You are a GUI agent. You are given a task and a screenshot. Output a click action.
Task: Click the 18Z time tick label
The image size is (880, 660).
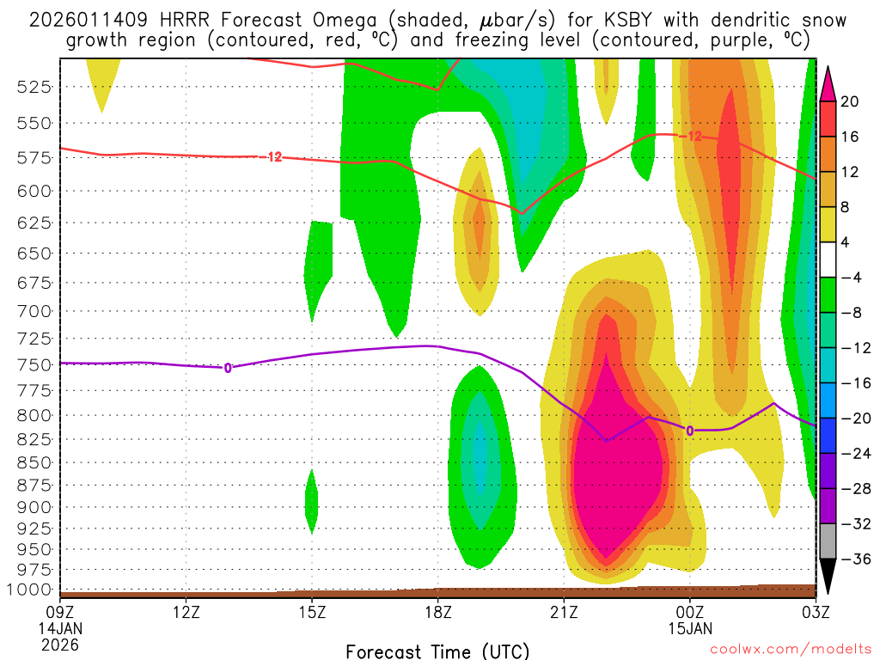437,613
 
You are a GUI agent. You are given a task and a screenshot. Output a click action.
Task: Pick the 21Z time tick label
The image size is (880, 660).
563,613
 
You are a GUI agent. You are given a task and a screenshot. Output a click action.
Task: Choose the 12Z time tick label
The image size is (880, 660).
186,613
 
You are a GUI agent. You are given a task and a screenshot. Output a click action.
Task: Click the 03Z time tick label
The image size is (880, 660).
815,613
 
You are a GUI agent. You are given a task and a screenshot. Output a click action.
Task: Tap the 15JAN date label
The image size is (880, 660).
689,628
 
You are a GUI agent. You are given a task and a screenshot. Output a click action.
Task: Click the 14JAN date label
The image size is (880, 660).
60,628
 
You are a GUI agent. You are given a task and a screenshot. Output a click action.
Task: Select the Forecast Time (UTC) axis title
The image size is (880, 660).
437,651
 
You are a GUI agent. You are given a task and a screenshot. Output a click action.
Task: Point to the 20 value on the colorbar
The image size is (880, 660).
850,101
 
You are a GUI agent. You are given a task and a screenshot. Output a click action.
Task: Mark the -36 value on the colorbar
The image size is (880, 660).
853,559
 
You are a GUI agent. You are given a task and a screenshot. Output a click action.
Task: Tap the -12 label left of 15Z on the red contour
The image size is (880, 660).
272,156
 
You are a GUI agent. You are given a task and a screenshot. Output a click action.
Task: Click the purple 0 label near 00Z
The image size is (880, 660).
689,430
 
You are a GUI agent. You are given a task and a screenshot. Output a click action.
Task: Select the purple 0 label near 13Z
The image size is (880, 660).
228,368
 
